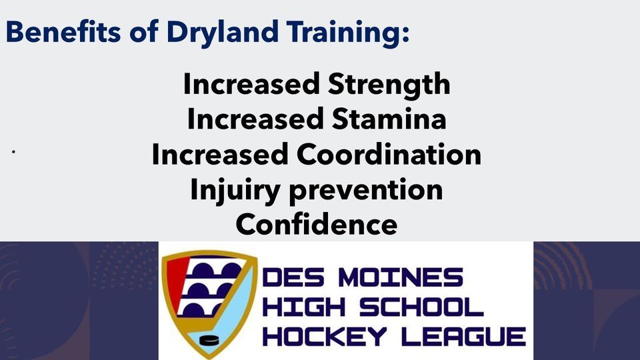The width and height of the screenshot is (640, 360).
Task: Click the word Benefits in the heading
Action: (x=63, y=31)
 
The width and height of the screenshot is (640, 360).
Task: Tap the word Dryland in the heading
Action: (x=223, y=33)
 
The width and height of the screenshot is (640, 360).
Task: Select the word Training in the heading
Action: (x=347, y=33)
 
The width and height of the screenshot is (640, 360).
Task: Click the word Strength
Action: (x=389, y=85)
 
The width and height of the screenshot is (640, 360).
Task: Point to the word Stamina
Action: (x=389, y=119)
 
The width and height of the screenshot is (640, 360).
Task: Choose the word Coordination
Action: (x=389, y=155)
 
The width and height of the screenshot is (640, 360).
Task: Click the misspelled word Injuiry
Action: (x=235, y=191)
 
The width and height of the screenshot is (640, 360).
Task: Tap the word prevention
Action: (x=366, y=191)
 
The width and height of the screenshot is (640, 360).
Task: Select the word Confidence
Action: (x=317, y=225)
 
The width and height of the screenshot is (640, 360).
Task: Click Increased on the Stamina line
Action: (x=255, y=119)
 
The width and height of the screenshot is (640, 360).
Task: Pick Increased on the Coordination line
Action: (x=220, y=155)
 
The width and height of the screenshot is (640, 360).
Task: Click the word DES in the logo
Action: (x=293, y=277)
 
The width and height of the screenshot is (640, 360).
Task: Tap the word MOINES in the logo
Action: (x=401, y=277)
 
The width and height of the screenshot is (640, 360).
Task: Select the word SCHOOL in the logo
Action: (x=421, y=307)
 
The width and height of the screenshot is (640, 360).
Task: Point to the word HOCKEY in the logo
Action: (x=324, y=337)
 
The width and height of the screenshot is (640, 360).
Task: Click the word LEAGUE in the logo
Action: (x=464, y=337)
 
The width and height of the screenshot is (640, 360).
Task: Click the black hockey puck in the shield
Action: (x=209, y=340)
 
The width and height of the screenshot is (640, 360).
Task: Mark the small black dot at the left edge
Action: (x=13, y=152)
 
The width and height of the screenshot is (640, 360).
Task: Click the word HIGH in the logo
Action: (x=303, y=307)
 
